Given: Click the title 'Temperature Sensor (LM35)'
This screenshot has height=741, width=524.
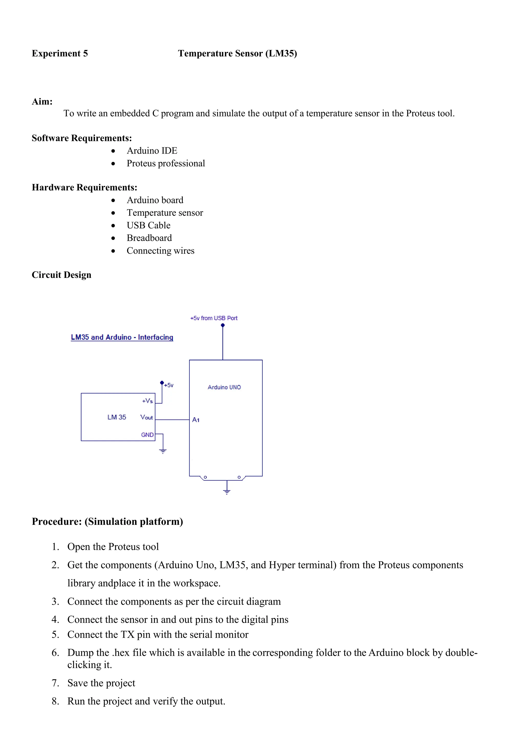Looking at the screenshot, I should pos(237,53).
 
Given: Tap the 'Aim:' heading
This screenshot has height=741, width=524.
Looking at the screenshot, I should pos(42,102).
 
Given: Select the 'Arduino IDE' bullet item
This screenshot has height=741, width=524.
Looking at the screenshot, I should pos(152,151).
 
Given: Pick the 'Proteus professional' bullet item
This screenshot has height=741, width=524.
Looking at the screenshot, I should pos(166,163).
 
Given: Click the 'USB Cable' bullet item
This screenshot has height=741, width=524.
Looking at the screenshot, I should pos(148,225).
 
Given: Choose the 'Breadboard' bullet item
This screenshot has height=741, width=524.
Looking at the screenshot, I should pos(149,238).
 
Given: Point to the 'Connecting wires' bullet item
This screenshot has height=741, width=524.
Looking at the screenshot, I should pos(160,251).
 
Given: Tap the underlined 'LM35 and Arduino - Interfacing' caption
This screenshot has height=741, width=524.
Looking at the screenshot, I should pos(122,337).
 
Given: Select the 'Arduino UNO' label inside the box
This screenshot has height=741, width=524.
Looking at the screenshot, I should pos(224,387).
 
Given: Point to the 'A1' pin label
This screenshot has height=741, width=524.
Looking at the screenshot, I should pos(196,420).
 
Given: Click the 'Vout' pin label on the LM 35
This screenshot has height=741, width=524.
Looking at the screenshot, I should pos(147,417).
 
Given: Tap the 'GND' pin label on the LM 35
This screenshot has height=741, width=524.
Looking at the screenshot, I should pos(147,435).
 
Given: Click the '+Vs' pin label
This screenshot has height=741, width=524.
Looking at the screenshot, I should pos(147,401).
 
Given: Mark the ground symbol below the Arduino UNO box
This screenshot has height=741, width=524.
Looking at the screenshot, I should pos(227,492).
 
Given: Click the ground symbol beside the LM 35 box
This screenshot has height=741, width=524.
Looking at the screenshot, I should pos(163,451).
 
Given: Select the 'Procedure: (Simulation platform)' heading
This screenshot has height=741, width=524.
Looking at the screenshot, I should pos(107,521).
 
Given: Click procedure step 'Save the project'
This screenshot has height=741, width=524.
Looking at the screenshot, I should pos(101,683).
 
